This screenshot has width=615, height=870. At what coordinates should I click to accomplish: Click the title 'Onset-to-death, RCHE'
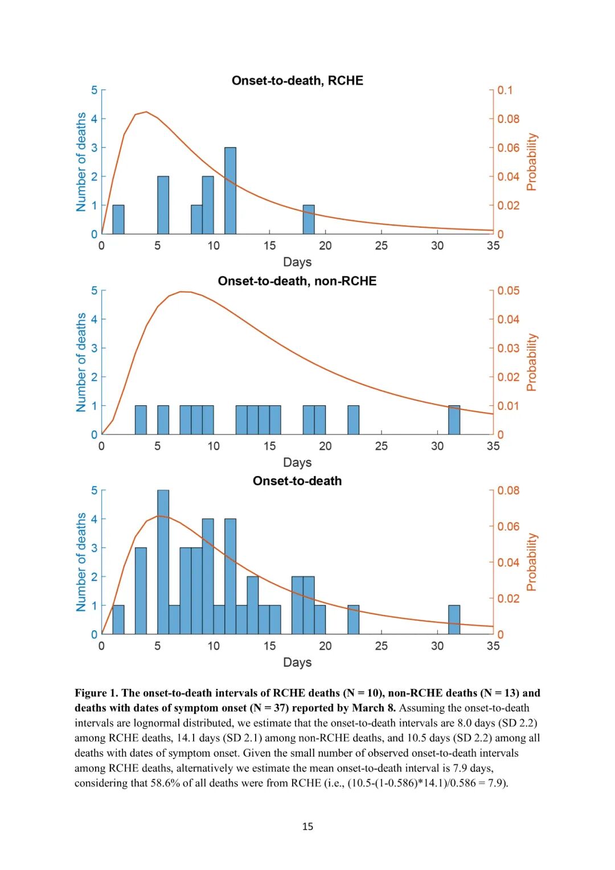tap(297, 81)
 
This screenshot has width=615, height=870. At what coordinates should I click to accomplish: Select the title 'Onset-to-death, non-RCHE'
tap(297, 281)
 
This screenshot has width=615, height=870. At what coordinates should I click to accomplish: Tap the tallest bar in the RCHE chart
tap(230, 191)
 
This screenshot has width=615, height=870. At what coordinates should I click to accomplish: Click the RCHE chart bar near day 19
tap(309, 220)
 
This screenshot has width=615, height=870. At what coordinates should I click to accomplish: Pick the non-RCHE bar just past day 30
tap(454, 420)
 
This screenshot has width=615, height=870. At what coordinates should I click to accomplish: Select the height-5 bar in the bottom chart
tap(163, 562)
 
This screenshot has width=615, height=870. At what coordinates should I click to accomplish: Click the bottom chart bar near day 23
tap(354, 620)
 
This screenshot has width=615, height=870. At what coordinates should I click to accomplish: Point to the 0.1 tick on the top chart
tap(505, 91)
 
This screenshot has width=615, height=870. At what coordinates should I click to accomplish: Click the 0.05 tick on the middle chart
tap(508, 291)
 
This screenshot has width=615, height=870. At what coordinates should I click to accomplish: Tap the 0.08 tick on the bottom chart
tap(508, 491)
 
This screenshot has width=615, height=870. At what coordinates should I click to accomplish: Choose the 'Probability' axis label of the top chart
tap(532, 162)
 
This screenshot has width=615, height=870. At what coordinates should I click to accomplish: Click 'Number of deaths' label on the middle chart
tap(81, 362)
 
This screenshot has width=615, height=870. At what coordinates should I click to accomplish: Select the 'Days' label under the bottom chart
tap(297, 663)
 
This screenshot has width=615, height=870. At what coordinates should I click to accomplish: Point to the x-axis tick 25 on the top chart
tap(382, 246)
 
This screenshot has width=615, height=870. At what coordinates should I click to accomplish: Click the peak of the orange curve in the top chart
tap(146, 112)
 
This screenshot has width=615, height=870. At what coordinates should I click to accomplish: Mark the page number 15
tap(307, 827)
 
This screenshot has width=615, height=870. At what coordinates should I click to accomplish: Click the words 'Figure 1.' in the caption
tap(96, 693)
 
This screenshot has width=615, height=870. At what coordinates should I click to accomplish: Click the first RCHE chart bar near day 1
tap(118, 220)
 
